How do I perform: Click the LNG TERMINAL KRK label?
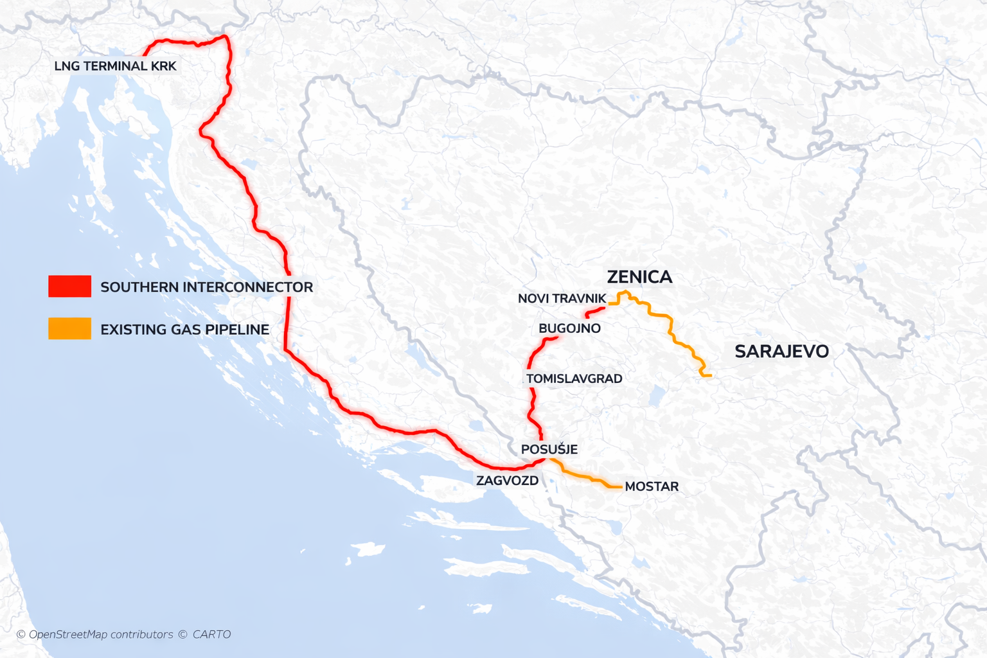pos(115,66)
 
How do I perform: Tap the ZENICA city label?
pos(639,277)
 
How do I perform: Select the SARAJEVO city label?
pos(781,351)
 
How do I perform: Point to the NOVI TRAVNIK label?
pos(562,299)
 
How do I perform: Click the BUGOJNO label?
pos(569,328)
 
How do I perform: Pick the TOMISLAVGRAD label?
pos(574,379)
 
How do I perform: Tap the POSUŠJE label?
pos(549,450)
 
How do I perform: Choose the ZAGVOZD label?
pos(507,481)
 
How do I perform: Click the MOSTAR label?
pos(652,487)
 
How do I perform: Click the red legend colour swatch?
pos(69,287)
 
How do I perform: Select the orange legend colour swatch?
pos(69,329)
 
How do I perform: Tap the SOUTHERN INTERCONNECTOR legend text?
pos(206,287)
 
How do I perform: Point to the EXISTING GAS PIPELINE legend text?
pos(184,330)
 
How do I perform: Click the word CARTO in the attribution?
pos(211,635)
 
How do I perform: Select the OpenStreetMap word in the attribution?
pos(68,635)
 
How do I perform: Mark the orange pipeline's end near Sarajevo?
pos(709,375)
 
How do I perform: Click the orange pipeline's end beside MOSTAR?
pos(620,487)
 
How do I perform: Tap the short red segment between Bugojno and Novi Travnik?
pos(596,312)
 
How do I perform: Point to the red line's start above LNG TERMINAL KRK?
pos(143,55)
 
